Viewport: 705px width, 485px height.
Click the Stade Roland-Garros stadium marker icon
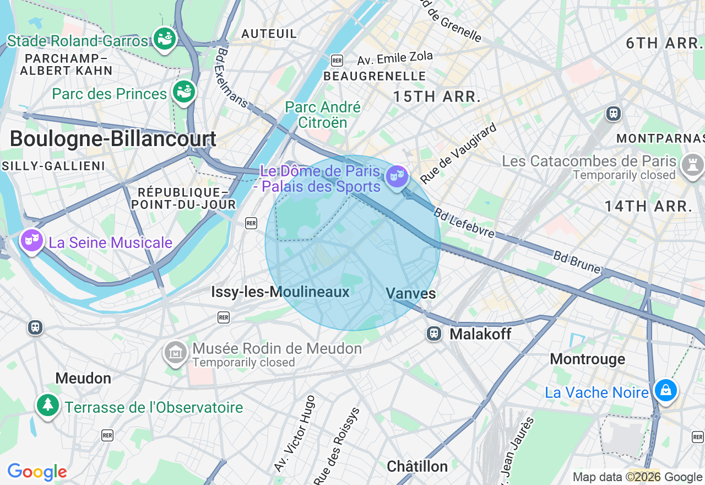click(x=164, y=39)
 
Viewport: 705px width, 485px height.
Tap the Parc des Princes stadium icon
click(x=183, y=91)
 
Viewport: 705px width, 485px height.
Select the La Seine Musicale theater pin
click(x=32, y=240)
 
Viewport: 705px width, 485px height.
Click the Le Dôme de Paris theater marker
click(x=397, y=177)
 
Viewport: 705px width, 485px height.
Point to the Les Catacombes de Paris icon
click(x=692, y=164)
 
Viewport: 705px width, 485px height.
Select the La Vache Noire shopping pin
click(x=665, y=390)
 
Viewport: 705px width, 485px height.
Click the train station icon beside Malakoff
click(x=435, y=333)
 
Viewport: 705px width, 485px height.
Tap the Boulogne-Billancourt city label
click(x=113, y=138)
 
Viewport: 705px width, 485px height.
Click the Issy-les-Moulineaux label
click(x=280, y=292)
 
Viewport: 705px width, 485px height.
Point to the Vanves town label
click(x=411, y=293)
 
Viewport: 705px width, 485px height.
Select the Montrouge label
click(x=588, y=359)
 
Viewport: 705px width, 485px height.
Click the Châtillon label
click(x=417, y=466)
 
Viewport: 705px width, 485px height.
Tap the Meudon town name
click(x=83, y=378)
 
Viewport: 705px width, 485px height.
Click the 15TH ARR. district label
click(x=437, y=96)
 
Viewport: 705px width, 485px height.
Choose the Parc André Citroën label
click(x=323, y=115)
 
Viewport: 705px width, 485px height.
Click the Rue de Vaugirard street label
click(x=458, y=153)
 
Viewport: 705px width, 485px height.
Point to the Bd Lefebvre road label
click(x=464, y=223)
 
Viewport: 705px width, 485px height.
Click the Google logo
click(x=37, y=472)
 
